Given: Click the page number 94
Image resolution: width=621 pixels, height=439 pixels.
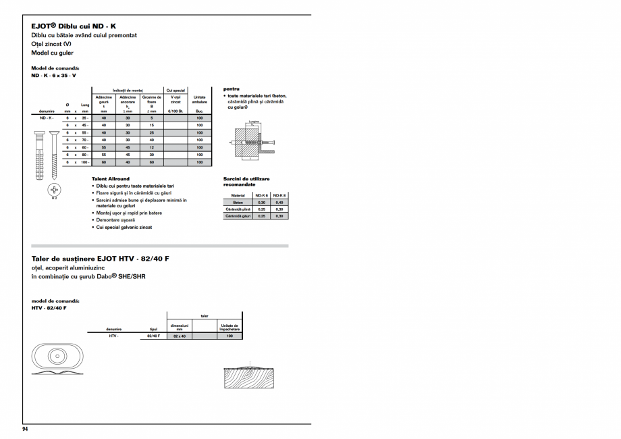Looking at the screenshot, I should coord(25,429).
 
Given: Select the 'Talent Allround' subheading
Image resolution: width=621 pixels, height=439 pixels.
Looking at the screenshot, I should coord(110,179).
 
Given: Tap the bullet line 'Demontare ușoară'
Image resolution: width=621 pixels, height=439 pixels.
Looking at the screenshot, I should coord(115,220).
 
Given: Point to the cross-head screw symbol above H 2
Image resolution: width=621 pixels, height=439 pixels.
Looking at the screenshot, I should coord(54,189).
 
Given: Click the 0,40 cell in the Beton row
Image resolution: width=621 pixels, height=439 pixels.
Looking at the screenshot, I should coord(279,203).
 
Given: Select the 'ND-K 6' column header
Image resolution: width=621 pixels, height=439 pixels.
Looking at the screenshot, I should coord(262,195).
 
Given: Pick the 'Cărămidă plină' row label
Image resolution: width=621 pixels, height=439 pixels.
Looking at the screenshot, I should coord(238,209).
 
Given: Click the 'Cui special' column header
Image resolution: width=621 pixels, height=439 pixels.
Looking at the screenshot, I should coord(175,90).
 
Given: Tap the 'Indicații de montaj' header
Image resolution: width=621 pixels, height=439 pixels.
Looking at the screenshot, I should coord(128,90).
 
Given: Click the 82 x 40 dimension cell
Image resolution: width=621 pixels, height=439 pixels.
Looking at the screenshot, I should coord(179,336).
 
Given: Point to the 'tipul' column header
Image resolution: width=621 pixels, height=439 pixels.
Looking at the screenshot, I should coord(153,329).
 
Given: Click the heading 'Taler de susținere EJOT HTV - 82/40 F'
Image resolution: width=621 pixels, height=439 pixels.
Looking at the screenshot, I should coord(100,259).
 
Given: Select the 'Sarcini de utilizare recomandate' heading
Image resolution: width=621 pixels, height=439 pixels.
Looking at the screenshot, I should coord(246,182).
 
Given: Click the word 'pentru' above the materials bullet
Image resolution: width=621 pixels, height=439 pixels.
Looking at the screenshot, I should coord(232,88).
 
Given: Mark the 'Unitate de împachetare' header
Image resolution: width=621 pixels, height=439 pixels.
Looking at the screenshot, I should coord(230,327).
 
